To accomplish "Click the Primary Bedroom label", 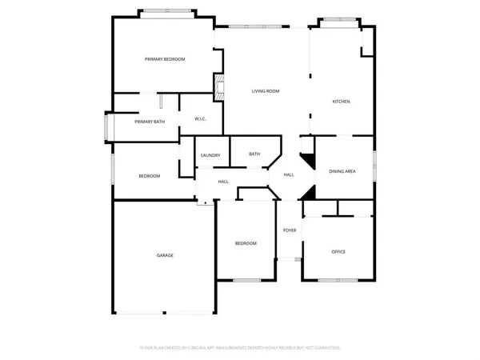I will pyautogui.click(x=165, y=59).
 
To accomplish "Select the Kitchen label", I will pyautogui.click(x=342, y=102).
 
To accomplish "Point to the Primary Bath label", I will pyautogui.click(x=150, y=122).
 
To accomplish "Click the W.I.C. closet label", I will pyautogui.click(x=201, y=119).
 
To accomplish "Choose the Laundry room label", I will pyautogui.click(x=210, y=155).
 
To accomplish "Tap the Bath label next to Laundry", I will pyautogui.click(x=254, y=154).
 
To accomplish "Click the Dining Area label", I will pyautogui.click(x=342, y=171).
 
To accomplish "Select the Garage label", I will pyautogui.click(x=165, y=255).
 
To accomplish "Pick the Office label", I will pyautogui.click(x=338, y=252).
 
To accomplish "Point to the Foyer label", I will pyautogui.click(x=290, y=230).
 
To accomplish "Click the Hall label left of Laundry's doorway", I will pyautogui.click(x=223, y=182).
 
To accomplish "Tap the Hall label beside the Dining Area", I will pyautogui.click(x=289, y=174).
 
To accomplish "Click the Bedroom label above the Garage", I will pyautogui.click(x=150, y=176).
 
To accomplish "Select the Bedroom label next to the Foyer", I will pyautogui.click(x=246, y=243).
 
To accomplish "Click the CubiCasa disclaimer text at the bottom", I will pyautogui.click(x=240, y=348).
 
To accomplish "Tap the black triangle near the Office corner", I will pyautogui.click(x=309, y=193).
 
